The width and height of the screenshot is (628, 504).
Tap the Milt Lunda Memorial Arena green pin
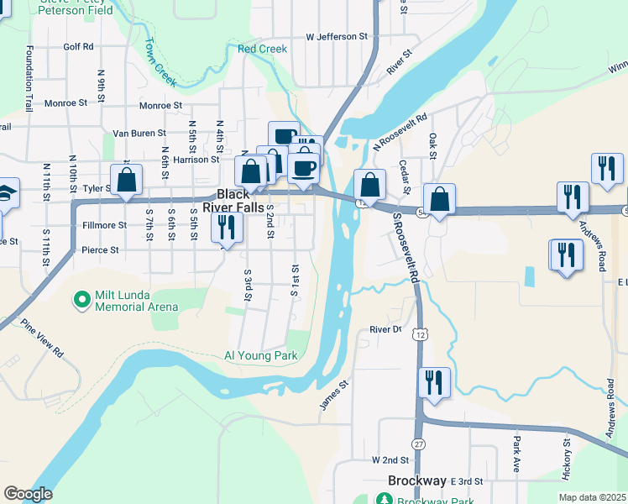point(81,299)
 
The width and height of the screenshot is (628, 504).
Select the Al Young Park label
point(260,356)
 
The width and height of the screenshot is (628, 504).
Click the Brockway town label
point(417,480)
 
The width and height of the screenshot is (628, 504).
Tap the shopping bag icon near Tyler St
point(126,180)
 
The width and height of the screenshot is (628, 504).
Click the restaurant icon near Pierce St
point(227,227)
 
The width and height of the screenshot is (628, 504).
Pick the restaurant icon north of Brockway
point(434,383)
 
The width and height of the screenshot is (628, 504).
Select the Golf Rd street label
point(78,47)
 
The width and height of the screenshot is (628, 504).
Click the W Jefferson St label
point(338,37)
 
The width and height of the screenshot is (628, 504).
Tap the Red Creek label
point(262,50)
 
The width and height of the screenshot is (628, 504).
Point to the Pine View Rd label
point(43,339)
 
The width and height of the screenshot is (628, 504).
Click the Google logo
point(28,494)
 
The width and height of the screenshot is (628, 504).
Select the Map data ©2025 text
point(593,497)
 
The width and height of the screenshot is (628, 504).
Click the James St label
point(333,395)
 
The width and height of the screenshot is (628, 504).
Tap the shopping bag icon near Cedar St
point(369,185)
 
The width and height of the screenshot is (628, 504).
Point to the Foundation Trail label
point(29,79)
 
